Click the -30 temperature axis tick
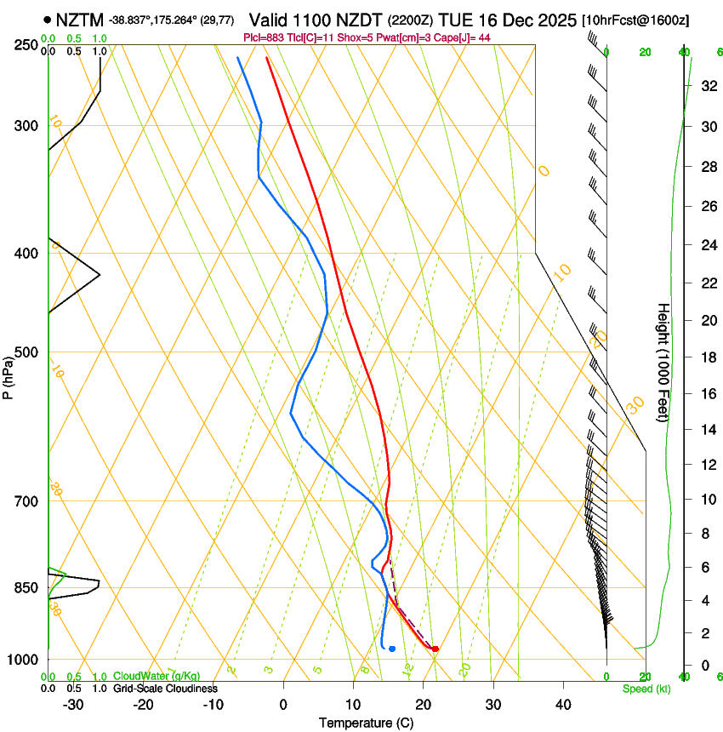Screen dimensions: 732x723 (73, 704)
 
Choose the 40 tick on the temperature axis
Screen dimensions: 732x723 (563, 704)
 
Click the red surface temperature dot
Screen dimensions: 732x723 (436, 649)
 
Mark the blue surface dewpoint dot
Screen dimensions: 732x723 (392, 649)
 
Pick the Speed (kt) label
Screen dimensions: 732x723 (646, 688)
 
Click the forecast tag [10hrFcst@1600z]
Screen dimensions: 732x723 (635, 20)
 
